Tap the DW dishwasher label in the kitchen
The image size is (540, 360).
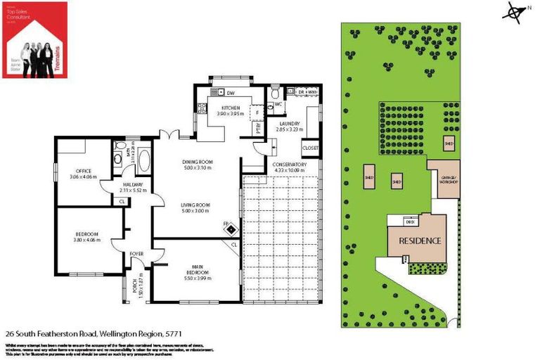[x=230, y=93]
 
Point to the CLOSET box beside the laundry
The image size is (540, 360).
[x=310, y=148]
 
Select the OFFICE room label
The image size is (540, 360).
[x=84, y=174]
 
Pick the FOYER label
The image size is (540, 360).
[x=136, y=254]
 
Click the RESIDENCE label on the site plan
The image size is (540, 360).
[x=420, y=240]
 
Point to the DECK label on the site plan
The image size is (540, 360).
[x=410, y=221]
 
